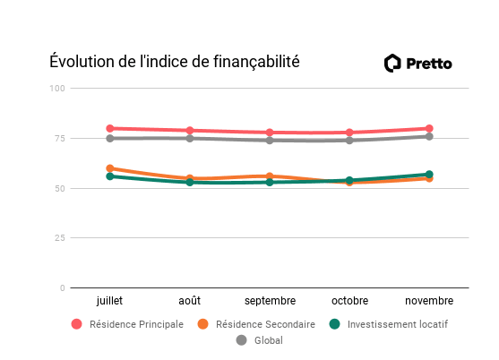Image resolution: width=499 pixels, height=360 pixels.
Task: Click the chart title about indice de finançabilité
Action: point(174,62)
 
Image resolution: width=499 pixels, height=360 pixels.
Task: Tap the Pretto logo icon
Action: point(392,63)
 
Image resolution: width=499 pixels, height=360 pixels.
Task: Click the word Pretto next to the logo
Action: point(429,63)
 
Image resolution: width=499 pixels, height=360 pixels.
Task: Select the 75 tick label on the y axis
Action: point(59,138)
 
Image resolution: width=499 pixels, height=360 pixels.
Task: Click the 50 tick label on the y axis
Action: point(59,188)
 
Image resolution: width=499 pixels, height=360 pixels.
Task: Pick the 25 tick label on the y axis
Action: point(59,238)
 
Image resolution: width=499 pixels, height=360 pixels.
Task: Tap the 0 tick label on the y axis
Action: point(62,288)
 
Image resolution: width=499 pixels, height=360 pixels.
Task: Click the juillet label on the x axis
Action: point(109,301)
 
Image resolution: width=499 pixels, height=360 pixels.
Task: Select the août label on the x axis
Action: point(190,301)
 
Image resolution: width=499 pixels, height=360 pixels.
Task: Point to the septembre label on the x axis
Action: point(270,301)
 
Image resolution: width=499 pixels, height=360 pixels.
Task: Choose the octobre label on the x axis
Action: point(349,301)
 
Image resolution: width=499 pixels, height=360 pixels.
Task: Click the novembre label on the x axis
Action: point(429,301)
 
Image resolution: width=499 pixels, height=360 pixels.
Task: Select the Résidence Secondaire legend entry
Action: point(256,324)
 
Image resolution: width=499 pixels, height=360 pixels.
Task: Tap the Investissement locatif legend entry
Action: point(388,324)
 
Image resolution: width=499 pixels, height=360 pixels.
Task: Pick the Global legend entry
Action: point(260,340)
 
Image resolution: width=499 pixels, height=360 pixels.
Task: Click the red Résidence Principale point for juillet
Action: point(110,128)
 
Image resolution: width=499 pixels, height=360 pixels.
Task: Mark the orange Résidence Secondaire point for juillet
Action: point(110,168)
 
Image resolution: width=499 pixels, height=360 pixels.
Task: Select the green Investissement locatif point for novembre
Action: point(429,175)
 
